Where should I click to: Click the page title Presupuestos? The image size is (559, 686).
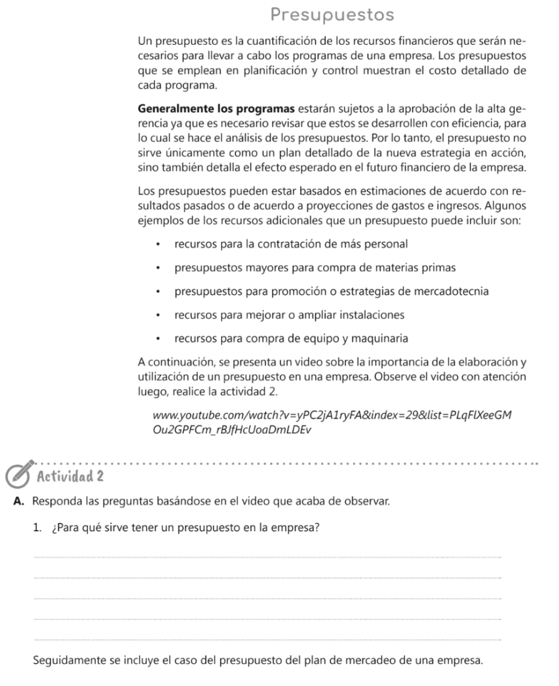tap(332, 14)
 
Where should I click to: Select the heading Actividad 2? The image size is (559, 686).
tap(70, 476)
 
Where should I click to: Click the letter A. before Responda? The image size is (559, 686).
tap(17, 501)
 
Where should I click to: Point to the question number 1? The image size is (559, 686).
tap(37, 527)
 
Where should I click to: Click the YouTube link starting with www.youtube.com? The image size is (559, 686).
tap(332, 415)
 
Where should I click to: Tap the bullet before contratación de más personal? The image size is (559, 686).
tap(158, 245)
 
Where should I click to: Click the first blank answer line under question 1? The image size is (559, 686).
tap(266, 556)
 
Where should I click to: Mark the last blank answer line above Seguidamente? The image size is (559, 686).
tap(266, 640)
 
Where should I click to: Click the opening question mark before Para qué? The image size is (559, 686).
tap(54, 527)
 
